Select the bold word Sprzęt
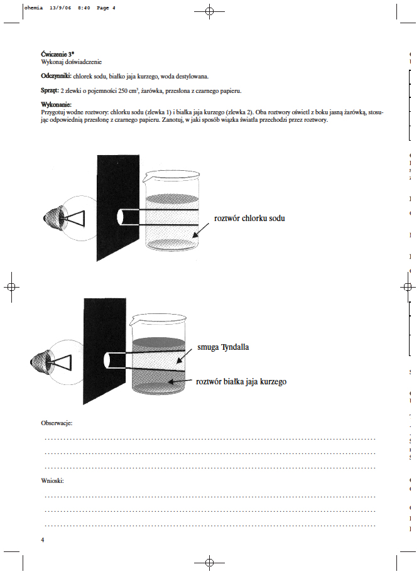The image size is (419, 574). click(x=50, y=90)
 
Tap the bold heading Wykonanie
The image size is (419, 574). click(x=57, y=104)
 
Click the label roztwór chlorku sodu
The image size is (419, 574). click(x=249, y=219)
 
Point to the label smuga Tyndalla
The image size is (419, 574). click(x=223, y=346)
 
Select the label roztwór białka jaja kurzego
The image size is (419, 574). click(x=241, y=381)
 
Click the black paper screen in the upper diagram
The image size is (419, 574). click(x=117, y=207)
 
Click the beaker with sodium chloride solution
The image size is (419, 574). click(x=171, y=211)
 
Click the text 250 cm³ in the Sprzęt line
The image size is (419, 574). click(x=128, y=90)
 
